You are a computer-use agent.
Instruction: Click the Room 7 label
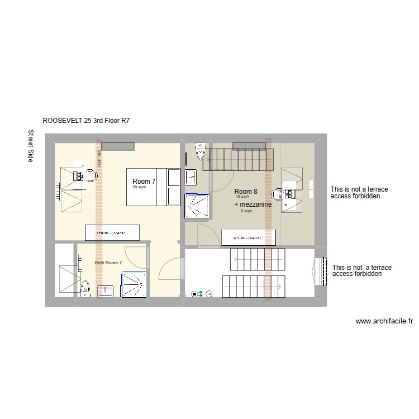[x=144, y=182]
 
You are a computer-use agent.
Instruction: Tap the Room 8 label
[x=246, y=192]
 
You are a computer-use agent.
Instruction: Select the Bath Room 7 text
[x=108, y=263]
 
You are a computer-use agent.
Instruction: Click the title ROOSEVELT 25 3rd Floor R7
[x=86, y=120]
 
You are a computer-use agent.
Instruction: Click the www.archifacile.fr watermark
[x=384, y=321]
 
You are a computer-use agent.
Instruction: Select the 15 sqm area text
[x=242, y=197]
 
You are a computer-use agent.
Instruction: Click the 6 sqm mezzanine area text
[x=246, y=211]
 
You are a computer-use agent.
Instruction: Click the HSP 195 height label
[x=99, y=159]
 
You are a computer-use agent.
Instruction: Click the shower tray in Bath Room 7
[x=135, y=284]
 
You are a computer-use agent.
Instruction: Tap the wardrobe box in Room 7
[x=112, y=232]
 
